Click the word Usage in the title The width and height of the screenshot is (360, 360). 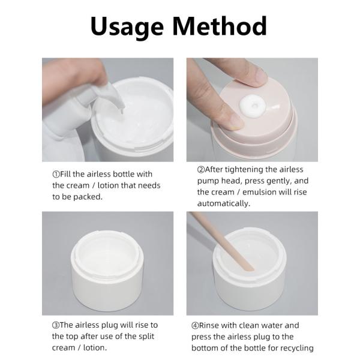pyautogui.click(x=127, y=27)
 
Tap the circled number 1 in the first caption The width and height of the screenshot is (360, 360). pyautogui.click(x=56, y=174)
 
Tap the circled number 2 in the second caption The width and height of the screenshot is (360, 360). pyautogui.click(x=201, y=170)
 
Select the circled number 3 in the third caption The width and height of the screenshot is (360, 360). pyautogui.click(x=56, y=325)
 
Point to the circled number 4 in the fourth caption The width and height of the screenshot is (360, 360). pyautogui.click(x=195, y=326)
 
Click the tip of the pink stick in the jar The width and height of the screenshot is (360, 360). pyautogui.click(x=251, y=269)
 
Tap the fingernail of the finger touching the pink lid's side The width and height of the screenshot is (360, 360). pyautogui.click(x=236, y=121)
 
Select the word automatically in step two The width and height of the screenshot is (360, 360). pyautogui.click(x=224, y=203)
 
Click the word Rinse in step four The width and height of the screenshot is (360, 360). pyautogui.click(x=211, y=326)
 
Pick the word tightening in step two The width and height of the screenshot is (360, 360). pyautogui.click(x=244, y=170)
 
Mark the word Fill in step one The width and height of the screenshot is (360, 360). pyautogui.click(x=65, y=174)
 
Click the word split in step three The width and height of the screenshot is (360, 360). pyautogui.click(x=146, y=337)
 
